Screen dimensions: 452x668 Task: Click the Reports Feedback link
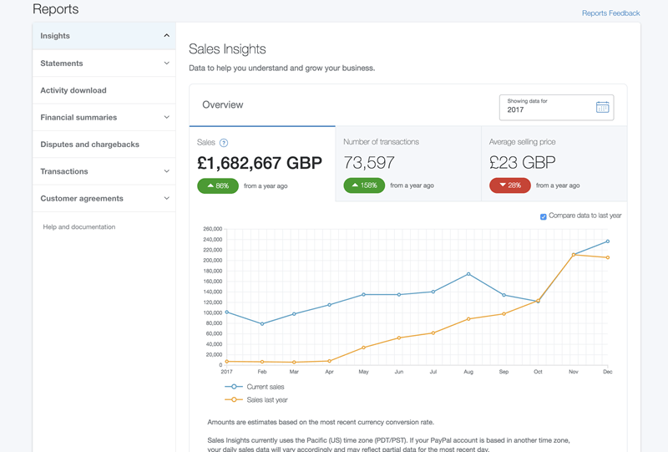click(610, 13)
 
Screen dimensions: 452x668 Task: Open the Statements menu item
click(62, 63)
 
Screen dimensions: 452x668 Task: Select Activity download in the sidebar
click(73, 90)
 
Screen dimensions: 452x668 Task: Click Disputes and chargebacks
click(90, 145)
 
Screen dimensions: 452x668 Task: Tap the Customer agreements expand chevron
click(166, 199)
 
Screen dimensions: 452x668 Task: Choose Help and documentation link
click(79, 227)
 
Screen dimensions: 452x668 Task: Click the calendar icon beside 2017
click(603, 107)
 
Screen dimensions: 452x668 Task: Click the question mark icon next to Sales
click(224, 143)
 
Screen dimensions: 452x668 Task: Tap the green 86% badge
click(218, 185)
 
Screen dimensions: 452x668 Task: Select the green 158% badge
click(364, 185)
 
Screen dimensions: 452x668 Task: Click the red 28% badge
click(510, 185)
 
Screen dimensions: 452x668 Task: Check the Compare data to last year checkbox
click(544, 216)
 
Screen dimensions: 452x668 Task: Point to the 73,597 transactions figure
click(369, 163)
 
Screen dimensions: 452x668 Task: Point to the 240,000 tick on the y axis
click(211, 239)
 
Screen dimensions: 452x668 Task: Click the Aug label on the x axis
click(468, 372)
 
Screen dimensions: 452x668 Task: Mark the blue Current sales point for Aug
click(468, 274)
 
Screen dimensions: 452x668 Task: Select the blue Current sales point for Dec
click(607, 241)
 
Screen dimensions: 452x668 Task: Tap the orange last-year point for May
click(364, 348)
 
